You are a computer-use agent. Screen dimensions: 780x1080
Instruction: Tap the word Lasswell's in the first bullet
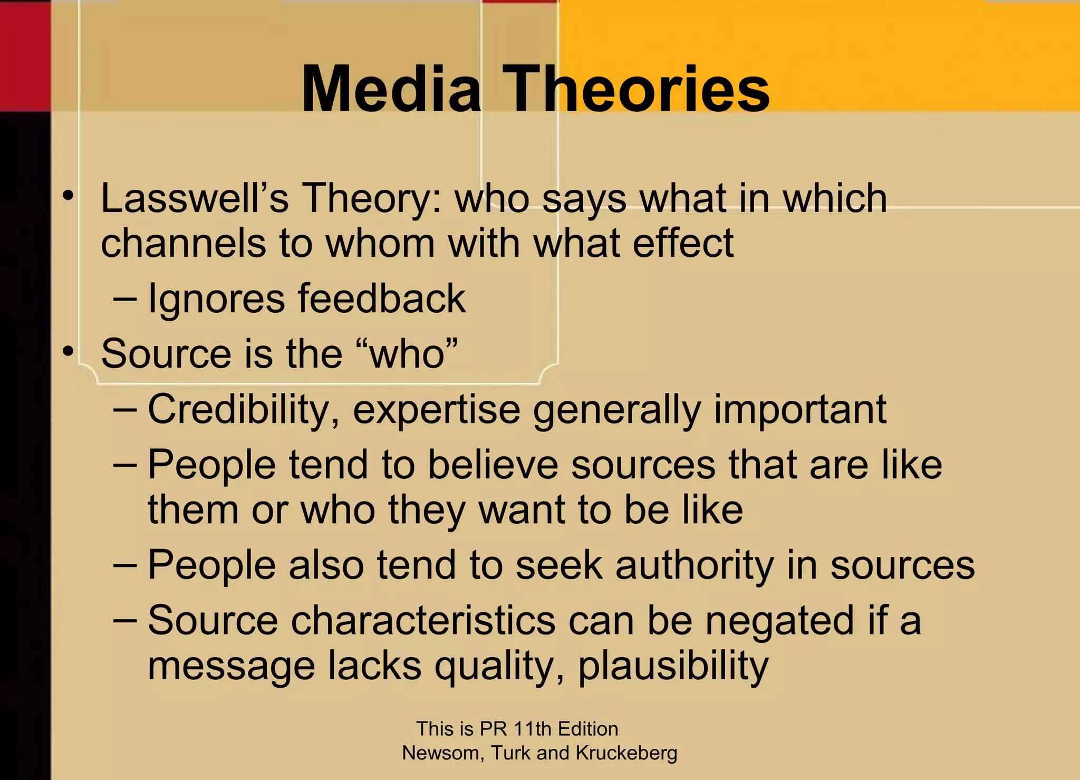(x=195, y=199)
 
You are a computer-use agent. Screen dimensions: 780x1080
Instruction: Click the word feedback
(x=382, y=299)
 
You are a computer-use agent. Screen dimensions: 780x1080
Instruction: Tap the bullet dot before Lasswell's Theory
(x=67, y=196)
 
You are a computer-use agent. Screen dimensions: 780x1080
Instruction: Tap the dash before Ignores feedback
(x=125, y=299)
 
